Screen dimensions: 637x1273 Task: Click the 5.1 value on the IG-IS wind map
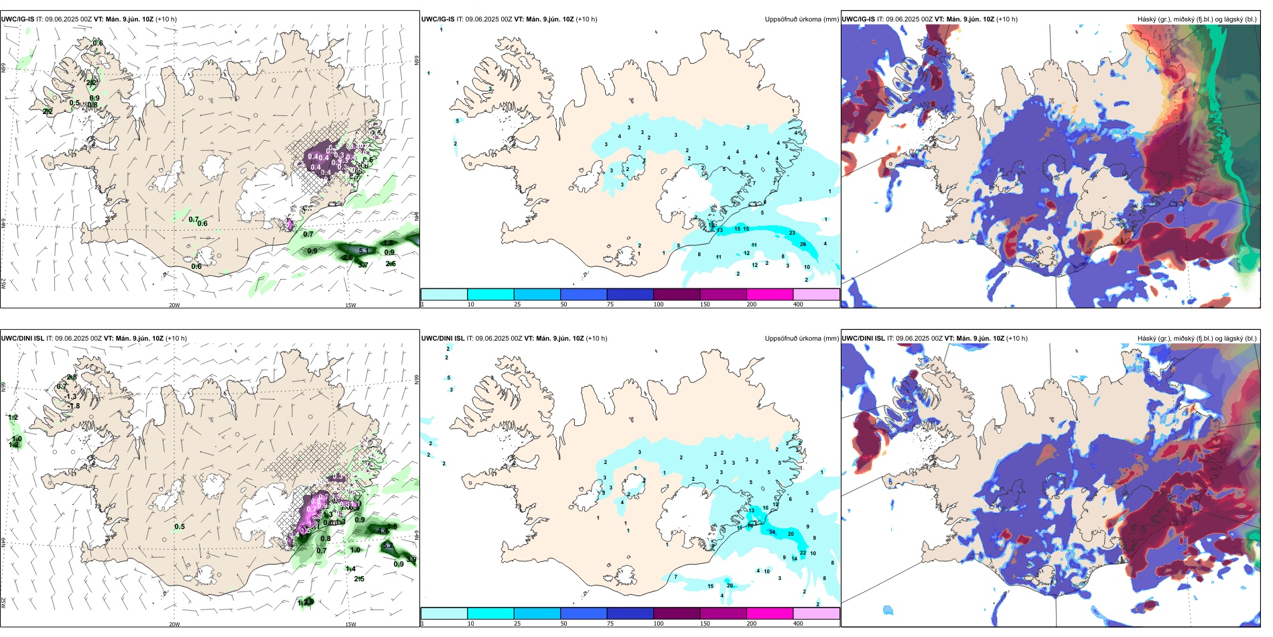364,251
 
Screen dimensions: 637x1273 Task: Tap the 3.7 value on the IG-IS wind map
363,265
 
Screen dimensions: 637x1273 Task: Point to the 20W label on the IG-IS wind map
174,305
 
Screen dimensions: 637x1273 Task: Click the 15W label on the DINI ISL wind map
350,624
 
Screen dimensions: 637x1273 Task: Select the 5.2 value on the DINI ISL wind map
387,546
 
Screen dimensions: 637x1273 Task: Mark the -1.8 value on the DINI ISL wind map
74,406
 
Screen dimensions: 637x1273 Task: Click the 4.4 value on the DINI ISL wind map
383,530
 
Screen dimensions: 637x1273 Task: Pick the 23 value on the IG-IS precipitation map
792,233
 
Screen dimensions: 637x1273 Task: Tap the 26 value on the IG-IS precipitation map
803,244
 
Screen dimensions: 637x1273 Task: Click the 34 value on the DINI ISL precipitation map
772,532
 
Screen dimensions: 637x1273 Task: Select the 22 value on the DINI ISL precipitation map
803,553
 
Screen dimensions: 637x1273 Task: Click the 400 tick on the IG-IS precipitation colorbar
798,304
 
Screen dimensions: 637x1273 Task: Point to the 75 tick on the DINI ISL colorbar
610,624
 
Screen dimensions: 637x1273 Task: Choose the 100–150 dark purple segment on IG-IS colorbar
676,294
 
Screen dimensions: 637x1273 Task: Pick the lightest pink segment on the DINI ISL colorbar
816,614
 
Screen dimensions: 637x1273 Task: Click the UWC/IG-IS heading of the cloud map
858,19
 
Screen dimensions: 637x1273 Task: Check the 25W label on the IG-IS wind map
3,284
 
